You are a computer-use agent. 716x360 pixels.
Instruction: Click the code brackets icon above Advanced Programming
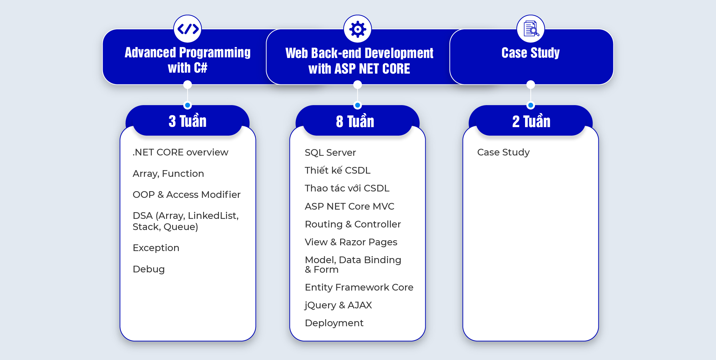(188, 29)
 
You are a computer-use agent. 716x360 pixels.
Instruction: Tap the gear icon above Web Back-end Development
(358, 29)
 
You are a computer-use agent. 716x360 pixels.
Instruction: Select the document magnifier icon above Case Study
(531, 29)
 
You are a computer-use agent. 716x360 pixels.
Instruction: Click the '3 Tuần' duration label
(187, 121)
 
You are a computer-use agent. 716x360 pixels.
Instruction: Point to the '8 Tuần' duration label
(355, 121)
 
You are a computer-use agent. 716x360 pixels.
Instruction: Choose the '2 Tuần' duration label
(531, 121)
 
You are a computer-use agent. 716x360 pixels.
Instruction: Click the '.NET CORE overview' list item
(180, 152)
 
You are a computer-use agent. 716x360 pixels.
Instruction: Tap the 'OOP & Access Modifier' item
(186, 195)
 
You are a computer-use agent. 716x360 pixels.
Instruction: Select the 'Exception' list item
(156, 248)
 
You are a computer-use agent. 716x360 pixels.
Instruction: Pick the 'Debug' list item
(149, 269)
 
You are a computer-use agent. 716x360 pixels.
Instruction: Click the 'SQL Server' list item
(330, 153)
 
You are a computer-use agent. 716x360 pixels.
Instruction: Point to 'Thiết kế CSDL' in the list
(338, 170)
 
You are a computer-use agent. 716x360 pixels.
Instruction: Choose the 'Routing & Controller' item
(353, 224)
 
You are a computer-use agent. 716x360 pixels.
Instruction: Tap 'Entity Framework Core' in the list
(359, 287)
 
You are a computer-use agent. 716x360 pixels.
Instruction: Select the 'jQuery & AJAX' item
(338, 305)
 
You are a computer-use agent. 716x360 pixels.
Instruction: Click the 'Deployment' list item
(334, 323)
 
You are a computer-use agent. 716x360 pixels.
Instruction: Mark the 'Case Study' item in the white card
(503, 152)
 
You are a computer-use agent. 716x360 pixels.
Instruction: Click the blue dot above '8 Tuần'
(358, 105)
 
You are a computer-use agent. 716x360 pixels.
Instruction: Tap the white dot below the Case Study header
(531, 85)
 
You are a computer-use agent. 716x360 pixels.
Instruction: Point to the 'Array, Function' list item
(168, 174)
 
